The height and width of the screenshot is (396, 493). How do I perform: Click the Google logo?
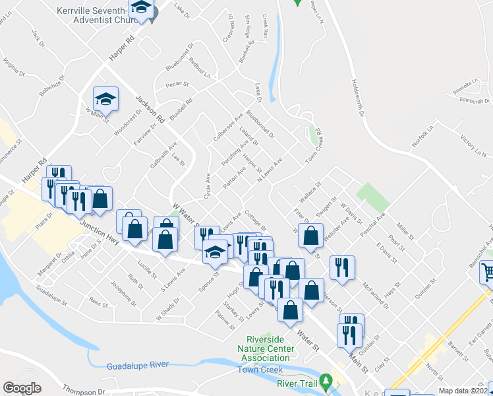[22, 388]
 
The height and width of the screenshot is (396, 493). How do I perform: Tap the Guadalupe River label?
[137, 365]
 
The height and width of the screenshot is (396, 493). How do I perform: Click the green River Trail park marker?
[326, 381]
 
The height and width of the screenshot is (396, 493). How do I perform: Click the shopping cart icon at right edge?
[486, 271]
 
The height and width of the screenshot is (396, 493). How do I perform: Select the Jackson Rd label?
[150, 110]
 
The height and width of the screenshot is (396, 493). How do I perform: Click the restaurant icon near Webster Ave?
[342, 267]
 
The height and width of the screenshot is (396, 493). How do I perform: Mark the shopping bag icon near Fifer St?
[310, 235]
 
